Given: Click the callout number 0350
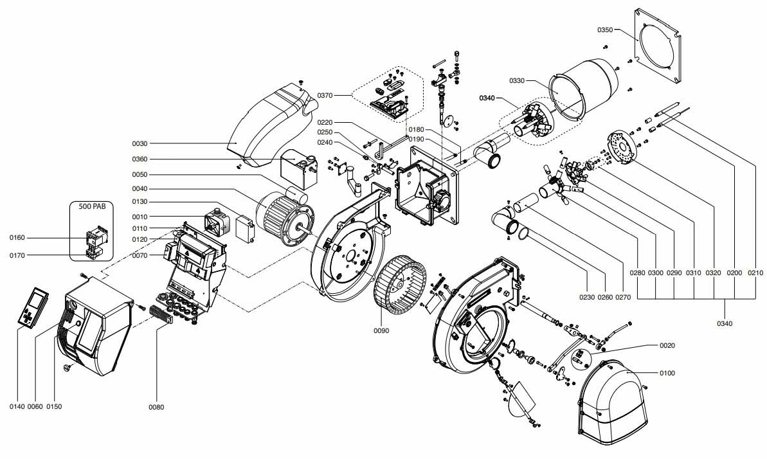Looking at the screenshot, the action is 604,30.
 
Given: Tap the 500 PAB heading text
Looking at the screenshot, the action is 92,206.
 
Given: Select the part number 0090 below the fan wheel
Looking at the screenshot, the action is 381,331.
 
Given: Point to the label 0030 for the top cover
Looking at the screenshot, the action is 140,144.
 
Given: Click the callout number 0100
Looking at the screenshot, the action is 667,373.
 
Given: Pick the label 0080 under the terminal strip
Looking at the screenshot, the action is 156,407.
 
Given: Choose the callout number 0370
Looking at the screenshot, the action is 325,95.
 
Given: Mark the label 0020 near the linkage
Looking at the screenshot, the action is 667,345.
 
